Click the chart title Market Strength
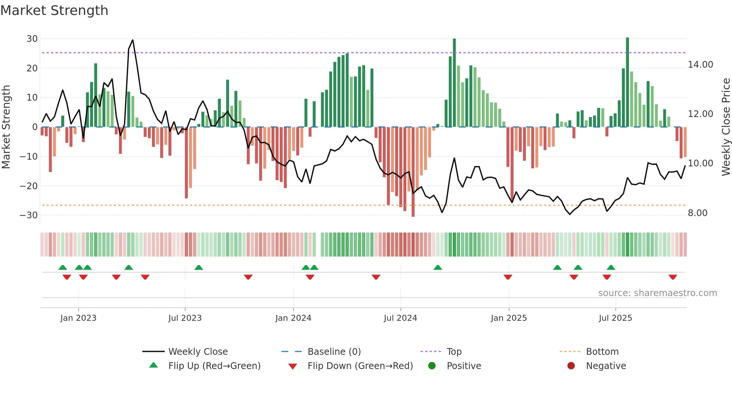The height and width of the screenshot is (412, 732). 54,10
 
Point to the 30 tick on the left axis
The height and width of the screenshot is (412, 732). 32,39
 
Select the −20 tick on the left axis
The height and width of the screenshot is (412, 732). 29,186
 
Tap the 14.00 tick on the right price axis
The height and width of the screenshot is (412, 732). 700,65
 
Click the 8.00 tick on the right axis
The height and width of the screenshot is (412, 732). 697,213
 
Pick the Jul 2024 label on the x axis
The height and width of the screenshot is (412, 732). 400,318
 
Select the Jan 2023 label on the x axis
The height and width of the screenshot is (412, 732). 78,318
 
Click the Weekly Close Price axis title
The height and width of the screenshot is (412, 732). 726,127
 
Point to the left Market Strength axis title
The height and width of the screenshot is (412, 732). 6,127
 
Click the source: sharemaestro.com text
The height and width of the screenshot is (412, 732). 657,293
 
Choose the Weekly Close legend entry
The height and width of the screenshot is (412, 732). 198,352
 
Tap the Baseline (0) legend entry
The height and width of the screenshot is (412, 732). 334,352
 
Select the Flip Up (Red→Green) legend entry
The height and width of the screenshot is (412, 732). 214,366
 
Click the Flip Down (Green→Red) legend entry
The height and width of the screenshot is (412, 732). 360,366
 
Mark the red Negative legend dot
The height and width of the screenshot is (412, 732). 571,366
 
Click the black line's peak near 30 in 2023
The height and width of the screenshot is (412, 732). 133,40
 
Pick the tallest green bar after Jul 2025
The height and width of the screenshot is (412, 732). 627,82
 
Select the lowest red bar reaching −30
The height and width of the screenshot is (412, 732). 413,172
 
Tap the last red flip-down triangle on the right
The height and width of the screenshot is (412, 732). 673,277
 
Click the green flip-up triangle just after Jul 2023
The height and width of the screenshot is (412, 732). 199,267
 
